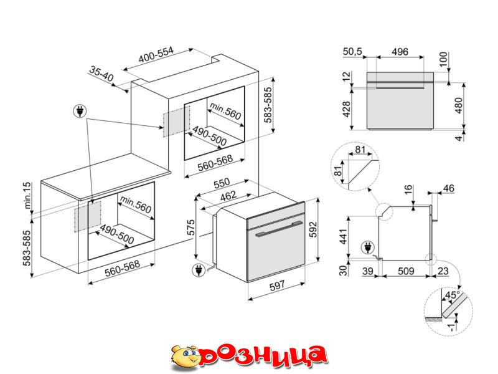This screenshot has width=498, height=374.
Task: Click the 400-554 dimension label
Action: [x=156, y=55]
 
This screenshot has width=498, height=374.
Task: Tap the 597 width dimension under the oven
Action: [x=277, y=285]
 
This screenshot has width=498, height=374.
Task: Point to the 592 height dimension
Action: [x=313, y=229]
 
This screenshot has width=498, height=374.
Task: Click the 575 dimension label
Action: [x=191, y=227]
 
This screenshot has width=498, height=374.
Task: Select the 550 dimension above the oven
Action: [x=222, y=183]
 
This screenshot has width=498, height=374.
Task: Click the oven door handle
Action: [x=276, y=229]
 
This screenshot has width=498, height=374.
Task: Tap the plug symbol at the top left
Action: [x=80, y=112]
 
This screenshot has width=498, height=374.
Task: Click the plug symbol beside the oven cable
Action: [x=199, y=270]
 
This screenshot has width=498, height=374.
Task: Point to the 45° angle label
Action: [x=453, y=295]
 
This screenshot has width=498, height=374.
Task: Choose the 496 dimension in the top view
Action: [x=400, y=52]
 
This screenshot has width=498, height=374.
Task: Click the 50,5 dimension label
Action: [x=352, y=52]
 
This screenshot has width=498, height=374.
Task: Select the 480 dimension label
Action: [x=459, y=105]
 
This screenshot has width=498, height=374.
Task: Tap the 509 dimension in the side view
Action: [x=406, y=271]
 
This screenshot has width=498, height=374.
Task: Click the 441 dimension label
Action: [x=344, y=236]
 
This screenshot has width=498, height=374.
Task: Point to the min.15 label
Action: [x=28, y=195]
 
